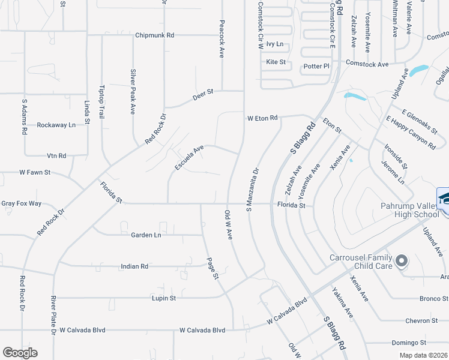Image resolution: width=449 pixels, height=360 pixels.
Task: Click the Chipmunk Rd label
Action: coord(154,35)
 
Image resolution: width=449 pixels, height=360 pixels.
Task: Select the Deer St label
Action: coord(203,95)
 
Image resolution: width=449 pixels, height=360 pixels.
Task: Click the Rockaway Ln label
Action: coord(56,125)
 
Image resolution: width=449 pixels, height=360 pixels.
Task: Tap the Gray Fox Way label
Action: coord(21,203)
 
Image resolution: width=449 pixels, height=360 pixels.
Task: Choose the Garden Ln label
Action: coord(146,235)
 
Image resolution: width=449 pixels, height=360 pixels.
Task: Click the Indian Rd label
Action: coord(134,266)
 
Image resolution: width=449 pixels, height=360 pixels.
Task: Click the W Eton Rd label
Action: coord(263,118)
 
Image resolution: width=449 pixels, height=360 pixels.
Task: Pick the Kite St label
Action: coord(276,62)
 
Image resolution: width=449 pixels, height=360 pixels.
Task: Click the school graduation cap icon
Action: coord(444,197)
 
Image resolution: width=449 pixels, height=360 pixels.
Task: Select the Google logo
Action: coord(20,353)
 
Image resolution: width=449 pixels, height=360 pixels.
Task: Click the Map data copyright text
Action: coord(423,355)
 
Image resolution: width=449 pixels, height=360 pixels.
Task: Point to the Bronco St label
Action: coord(418,298)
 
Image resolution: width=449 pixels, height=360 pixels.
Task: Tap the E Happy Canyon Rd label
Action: coord(411,132)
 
